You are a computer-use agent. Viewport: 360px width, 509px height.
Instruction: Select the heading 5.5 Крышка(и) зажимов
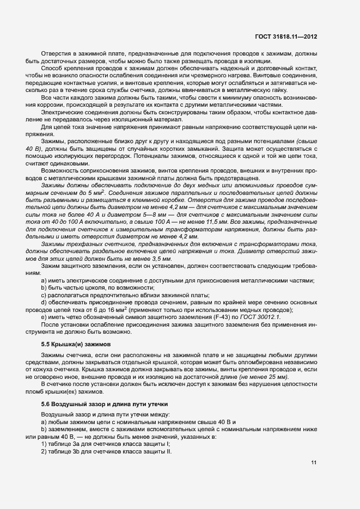pos(76,345)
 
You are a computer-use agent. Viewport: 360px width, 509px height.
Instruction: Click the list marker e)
pos(43,317)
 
